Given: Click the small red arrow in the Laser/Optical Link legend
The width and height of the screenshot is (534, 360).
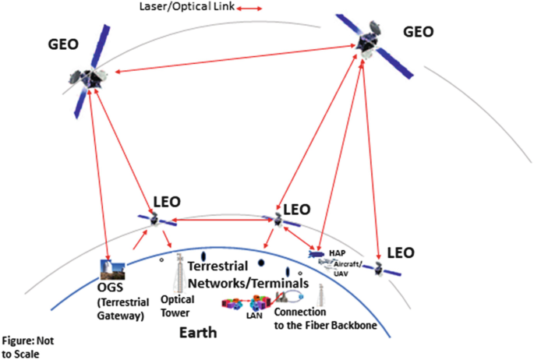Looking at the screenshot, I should click(x=249, y=9).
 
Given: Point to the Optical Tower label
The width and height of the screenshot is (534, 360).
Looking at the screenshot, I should click(x=175, y=305).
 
